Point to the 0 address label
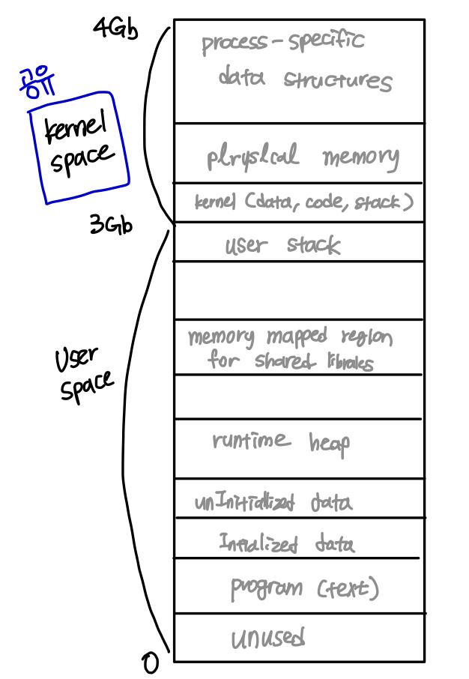[151, 662]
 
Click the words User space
[83, 375]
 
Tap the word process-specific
[282, 41]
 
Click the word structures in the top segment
[337, 80]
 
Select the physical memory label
[303, 157]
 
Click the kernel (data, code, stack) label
[303, 202]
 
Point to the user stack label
[282, 245]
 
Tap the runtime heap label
[281, 442]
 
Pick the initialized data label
[287, 543]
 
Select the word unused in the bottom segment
[267, 639]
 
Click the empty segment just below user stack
[299, 290]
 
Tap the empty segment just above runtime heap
[299, 396]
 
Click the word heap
[329, 444]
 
